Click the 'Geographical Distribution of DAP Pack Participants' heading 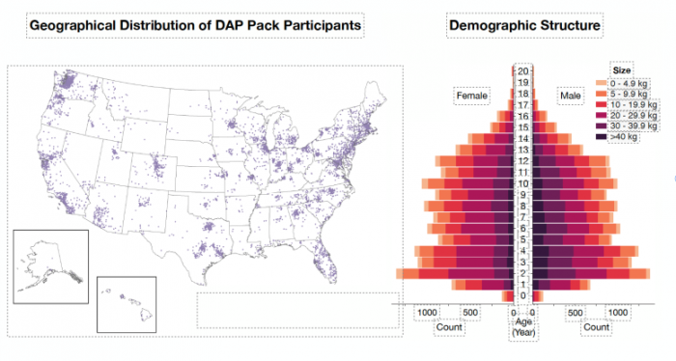(196, 24)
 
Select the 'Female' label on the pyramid (473, 97)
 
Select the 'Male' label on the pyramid (569, 97)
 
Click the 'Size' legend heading (624, 69)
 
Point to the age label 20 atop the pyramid (522, 71)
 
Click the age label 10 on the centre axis (522, 183)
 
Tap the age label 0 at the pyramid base (522, 295)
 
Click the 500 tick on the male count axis (575, 313)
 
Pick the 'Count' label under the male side (596, 327)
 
